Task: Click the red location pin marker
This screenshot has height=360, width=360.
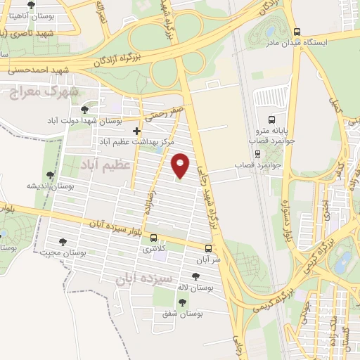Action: (181, 165)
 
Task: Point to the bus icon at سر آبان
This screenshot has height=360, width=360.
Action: (208, 248)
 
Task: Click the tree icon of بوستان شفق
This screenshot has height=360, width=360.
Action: (183, 302)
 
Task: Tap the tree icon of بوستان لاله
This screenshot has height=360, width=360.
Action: (195, 277)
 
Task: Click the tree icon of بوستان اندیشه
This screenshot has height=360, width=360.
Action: (49, 175)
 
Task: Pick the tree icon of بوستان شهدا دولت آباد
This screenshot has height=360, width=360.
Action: (85, 110)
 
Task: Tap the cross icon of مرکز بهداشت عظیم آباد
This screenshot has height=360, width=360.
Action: (136, 131)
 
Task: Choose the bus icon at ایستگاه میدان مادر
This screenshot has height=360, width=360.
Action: (297, 32)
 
